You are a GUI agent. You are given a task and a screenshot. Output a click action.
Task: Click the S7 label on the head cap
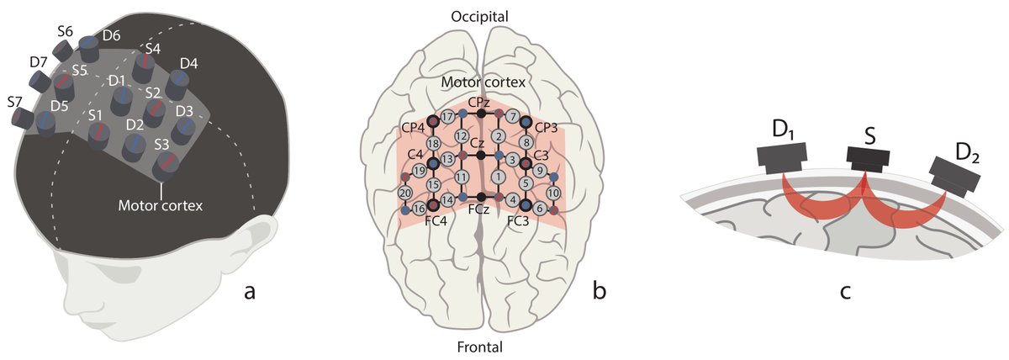tap(14, 102)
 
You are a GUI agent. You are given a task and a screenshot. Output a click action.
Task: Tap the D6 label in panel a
tap(111, 36)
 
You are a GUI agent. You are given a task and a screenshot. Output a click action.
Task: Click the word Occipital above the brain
tap(479, 16)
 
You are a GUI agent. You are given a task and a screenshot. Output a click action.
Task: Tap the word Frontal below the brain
tap(479, 346)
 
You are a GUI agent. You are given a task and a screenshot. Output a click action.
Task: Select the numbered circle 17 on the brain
tap(447, 115)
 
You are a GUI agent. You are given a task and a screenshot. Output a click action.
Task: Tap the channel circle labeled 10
tap(552, 193)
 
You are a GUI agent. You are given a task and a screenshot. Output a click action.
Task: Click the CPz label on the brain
tap(480, 101)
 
